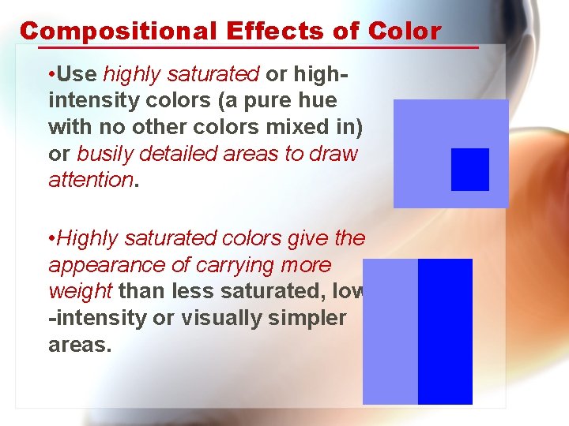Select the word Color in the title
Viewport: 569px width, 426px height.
tap(404, 31)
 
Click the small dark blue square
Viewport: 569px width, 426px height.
tap(470, 170)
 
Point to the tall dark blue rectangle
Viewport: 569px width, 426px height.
tap(445, 331)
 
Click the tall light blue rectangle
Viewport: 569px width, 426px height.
tap(390, 331)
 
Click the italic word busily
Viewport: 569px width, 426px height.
tap(107, 154)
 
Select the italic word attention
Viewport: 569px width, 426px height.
tap(91, 181)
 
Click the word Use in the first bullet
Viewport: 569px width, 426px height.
tap(77, 74)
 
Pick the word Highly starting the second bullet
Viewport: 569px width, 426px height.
tap(88, 237)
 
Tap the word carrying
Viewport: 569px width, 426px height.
tap(228, 265)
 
